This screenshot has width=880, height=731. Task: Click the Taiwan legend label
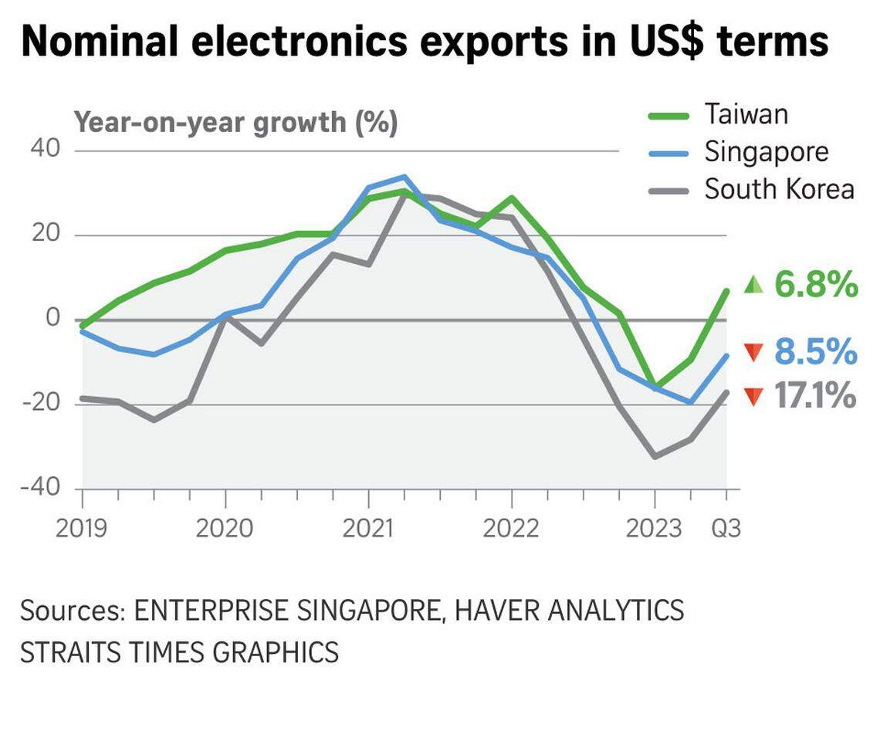pos(746,114)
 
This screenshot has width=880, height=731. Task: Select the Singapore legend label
pos(766,151)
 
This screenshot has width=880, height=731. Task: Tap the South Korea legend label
pos(779,189)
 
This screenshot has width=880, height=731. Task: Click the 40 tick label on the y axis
pos(46,148)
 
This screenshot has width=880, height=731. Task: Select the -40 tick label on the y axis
pos(40,488)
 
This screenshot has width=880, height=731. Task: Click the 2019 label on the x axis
pos(82,529)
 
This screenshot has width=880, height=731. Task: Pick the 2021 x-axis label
pos(368,529)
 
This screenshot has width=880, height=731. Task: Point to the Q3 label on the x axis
pos(725,529)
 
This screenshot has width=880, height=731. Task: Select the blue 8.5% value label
pos(815,353)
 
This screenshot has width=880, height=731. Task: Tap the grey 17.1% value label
pos(815,398)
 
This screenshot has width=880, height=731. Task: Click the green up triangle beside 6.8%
pos(753,286)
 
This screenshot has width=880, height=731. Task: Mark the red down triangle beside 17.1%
pos(753,398)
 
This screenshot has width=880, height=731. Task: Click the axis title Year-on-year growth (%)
pos(235,122)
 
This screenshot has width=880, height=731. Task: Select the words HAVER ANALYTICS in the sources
pos(568,611)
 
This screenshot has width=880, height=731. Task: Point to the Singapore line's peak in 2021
pos(404,177)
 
